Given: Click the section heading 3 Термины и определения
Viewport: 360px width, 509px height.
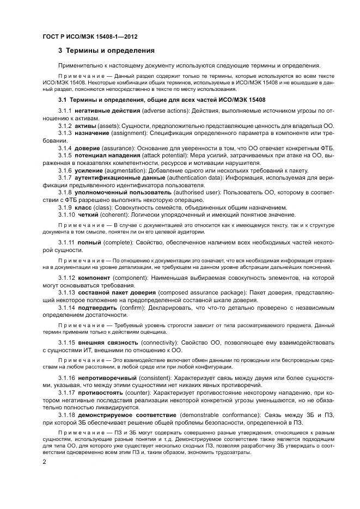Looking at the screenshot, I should coord(106,51).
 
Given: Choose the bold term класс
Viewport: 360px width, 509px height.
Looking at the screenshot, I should coord(83,207).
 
